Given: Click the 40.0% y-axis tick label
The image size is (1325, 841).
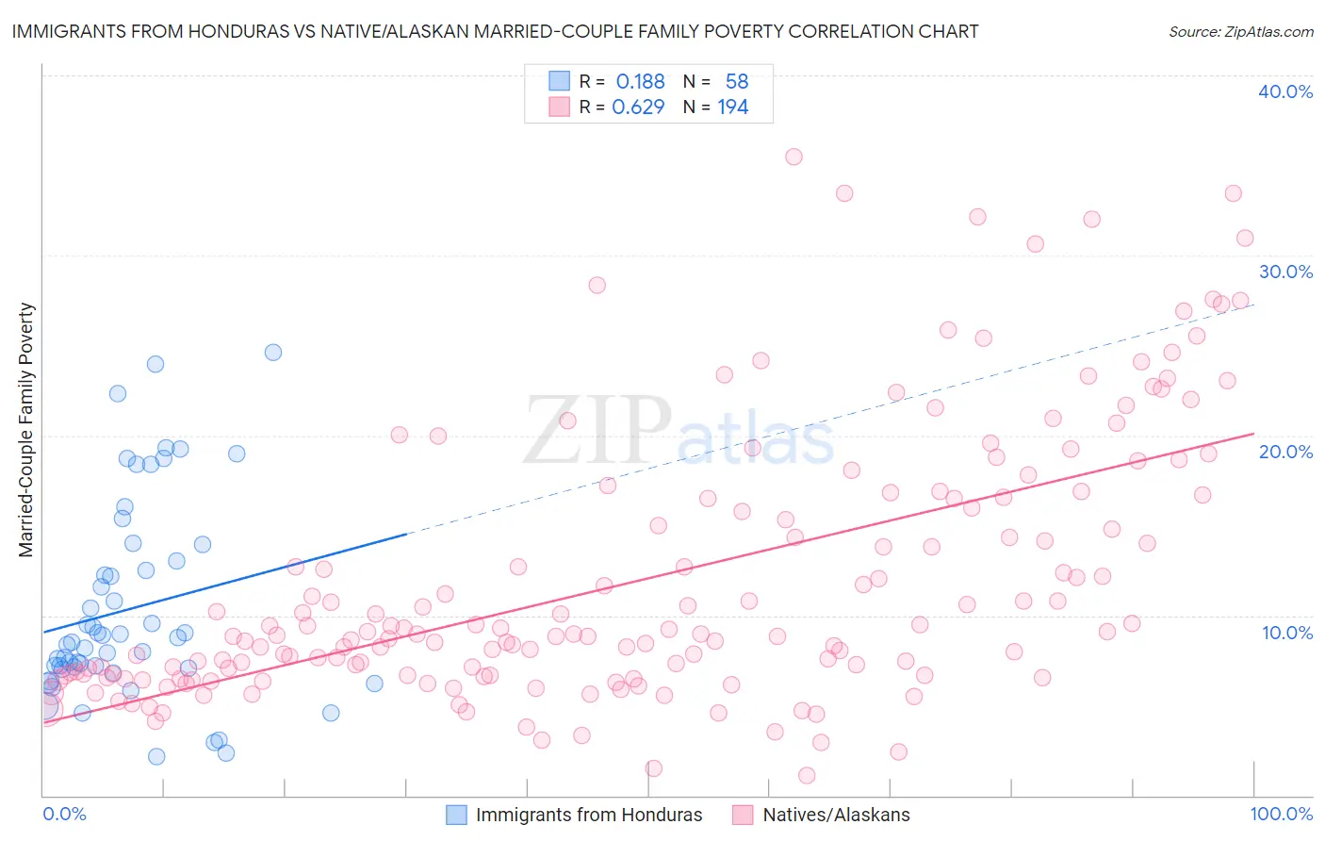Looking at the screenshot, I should (1285, 91).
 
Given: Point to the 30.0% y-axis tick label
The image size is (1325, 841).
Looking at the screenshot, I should (1285, 272).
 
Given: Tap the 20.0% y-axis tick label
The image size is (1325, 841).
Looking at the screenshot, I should (1285, 452).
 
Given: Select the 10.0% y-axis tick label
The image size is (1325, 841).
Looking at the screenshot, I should (1287, 633).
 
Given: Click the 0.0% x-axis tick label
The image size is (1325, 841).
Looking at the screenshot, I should (64, 814).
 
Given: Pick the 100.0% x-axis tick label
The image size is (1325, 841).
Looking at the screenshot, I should (1282, 814).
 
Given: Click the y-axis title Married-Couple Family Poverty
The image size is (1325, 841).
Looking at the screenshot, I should (26, 429).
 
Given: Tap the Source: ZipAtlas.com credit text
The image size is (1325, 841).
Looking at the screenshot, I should (1240, 31).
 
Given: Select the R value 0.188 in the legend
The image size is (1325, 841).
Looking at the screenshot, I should (640, 82).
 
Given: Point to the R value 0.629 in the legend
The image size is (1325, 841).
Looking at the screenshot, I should (638, 107).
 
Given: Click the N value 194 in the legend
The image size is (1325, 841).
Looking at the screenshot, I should (732, 107).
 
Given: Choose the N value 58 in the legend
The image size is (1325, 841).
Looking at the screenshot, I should (736, 82).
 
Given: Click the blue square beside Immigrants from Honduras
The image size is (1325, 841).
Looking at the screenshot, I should (456, 815).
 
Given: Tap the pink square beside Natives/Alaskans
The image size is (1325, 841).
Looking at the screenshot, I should (743, 815).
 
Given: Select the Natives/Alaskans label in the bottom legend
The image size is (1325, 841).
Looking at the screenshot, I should (836, 815).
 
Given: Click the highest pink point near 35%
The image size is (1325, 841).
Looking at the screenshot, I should (793, 157).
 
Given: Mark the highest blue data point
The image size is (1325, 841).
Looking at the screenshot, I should (273, 353).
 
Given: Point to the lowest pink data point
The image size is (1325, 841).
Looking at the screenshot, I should (807, 775).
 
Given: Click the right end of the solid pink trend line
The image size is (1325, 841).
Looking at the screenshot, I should (1253, 434).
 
